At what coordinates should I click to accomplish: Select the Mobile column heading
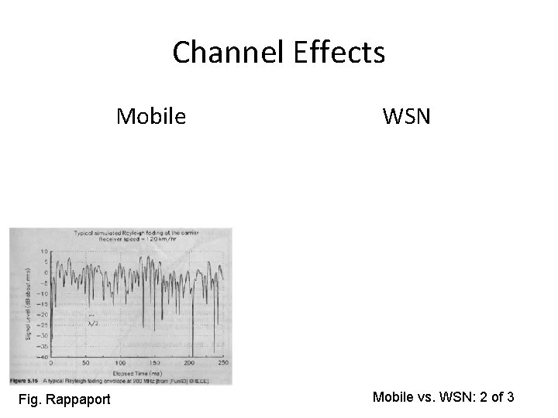click(151, 116)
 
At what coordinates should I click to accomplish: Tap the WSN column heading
click(407, 117)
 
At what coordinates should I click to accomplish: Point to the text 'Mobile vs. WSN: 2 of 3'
click(444, 397)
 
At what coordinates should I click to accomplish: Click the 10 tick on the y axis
click(44, 252)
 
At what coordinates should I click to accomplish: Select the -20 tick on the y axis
click(43, 315)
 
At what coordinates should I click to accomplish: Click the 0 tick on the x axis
click(51, 362)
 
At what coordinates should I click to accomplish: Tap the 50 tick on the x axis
click(85, 362)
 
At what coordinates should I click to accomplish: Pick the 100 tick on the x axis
click(119, 362)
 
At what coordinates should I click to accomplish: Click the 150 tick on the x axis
click(154, 362)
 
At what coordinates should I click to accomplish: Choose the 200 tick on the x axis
click(189, 362)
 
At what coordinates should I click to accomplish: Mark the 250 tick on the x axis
click(223, 362)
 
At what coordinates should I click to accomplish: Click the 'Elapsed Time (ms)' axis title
click(137, 370)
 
